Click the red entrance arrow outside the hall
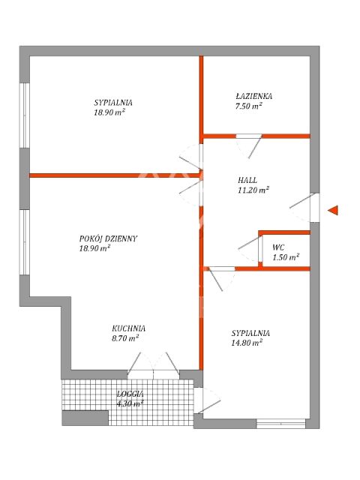[x=333, y=210]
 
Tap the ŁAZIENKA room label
[x=253, y=96]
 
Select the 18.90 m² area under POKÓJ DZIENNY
[x=94, y=248]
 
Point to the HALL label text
[x=247, y=180]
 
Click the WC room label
[x=278, y=247]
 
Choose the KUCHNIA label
[x=128, y=328]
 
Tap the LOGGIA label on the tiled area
[x=130, y=394]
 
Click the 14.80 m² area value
[x=247, y=343]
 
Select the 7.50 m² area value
[x=248, y=106]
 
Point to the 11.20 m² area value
[x=253, y=190]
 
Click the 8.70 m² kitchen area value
[x=125, y=338]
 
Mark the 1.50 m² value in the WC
[x=286, y=257]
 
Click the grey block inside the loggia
[x=85, y=418]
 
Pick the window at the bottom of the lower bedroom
[x=280, y=424]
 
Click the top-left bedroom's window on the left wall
[x=25, y=115]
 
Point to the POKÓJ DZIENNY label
[x=108, y=238]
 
